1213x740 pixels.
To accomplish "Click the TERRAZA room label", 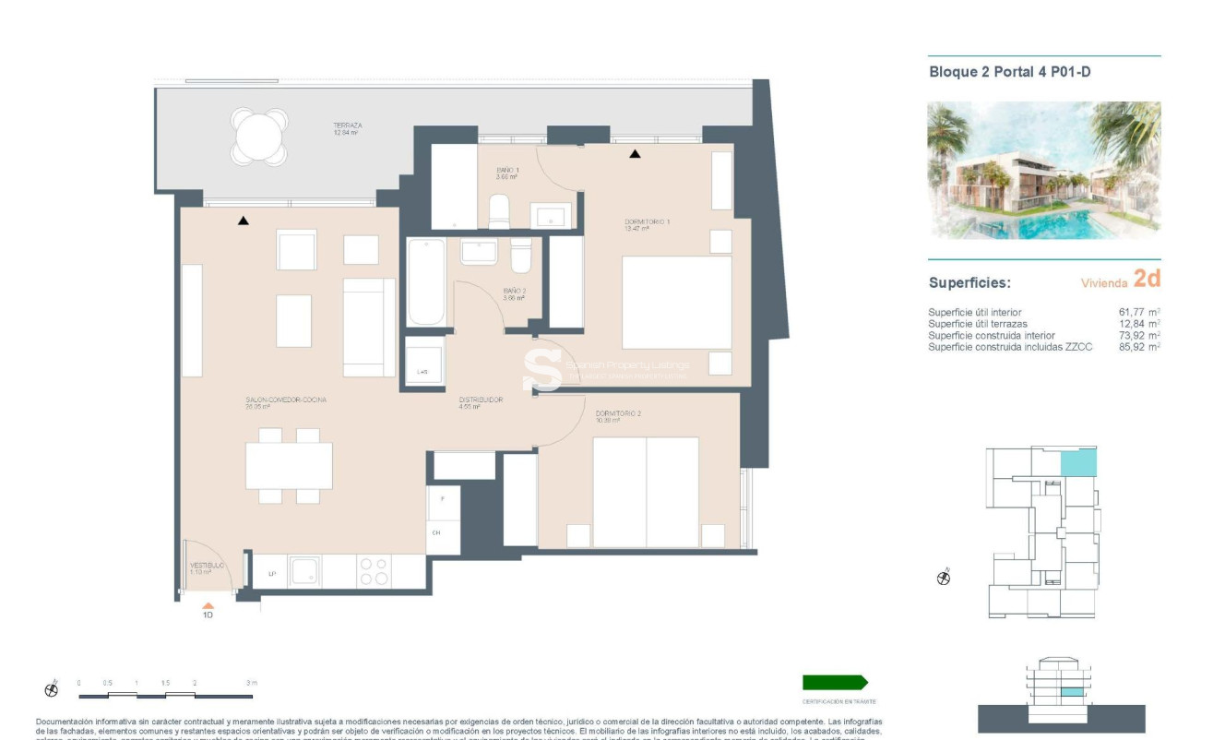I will (x=347, y=125).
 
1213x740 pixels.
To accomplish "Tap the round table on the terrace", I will (x=259, y=137).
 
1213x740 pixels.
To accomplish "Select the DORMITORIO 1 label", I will (x=647, y=221).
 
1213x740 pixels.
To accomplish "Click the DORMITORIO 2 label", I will (x=618, y=413).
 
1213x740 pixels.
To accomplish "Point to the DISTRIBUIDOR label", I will (x=481, y=400).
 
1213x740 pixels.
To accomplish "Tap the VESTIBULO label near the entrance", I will (x=207, y=565).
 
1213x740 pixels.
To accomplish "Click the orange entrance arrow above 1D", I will (x=208, y=605).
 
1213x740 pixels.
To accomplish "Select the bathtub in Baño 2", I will (x=426, y=281).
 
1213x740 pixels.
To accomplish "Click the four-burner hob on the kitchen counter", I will (x=374, y=571).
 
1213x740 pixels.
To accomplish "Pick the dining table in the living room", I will (x=289, y=466).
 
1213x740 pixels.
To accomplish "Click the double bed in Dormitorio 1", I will (x=676, y=303).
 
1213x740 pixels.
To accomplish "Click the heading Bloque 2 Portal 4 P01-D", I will (x=1009, y=71).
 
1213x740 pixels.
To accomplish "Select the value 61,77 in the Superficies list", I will (x=1134, y=313).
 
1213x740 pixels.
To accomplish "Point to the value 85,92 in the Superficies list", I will (x=1134, y=347).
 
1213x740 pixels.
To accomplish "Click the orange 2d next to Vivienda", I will (x=1147, y=279).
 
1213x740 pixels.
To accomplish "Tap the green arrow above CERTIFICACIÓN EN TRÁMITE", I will (x=835, y=683).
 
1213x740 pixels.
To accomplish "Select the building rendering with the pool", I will (x=1043, y=171).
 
